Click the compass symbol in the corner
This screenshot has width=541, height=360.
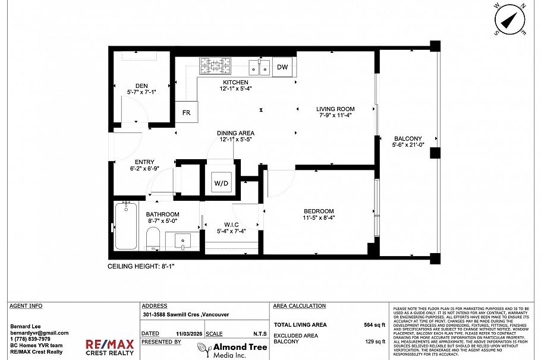click(x=509, y=20)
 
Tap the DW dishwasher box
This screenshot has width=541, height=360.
click(x=282, y=67)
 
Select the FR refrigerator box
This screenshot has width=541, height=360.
click(x=186, y=113)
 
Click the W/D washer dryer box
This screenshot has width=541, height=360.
click(x=221, y=184)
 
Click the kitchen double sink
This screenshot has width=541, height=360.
click(x=259, y=67)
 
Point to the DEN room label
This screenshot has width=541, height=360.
click(x=141, y=86)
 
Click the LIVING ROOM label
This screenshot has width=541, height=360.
click(x=335, y=109)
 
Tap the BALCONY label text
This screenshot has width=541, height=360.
click(x=407, y=138)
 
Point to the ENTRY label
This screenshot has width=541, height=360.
click(x=144, y=162)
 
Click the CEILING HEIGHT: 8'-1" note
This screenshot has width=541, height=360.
click(x=141, y=267)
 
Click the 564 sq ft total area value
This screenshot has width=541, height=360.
click(x=375, y=325)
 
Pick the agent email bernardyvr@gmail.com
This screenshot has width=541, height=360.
click(x=39, y=333)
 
